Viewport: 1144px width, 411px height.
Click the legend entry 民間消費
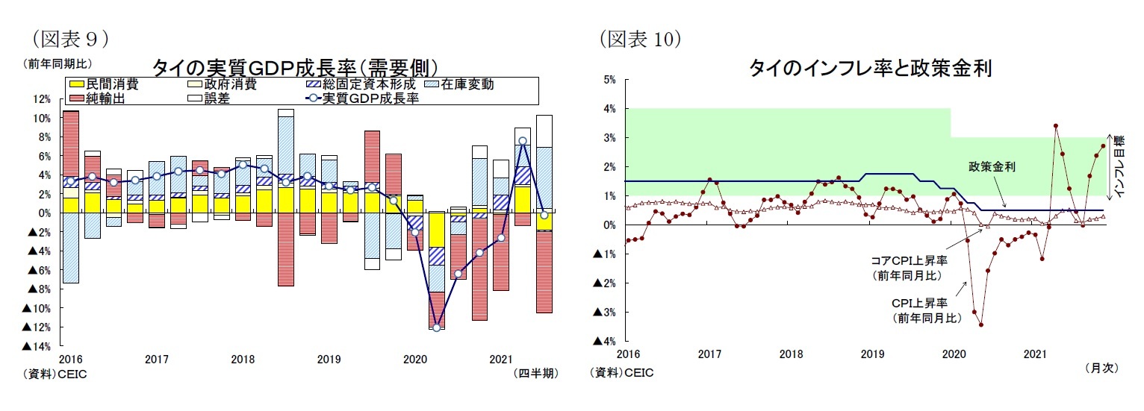click(111, 84)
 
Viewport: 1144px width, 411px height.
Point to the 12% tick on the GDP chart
click(41, 99)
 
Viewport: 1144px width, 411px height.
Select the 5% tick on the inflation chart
click(609, 79)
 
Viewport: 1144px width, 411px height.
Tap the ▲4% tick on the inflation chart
click(604, 341)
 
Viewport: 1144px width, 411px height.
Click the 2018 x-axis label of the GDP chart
click(243, 360)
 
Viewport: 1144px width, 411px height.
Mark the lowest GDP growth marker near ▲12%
click(437, 327)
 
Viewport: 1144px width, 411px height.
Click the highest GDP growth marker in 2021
click(523, 141)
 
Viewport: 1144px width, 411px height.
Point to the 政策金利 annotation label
click(992, 167)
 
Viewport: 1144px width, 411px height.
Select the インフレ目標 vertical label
click(1117, 167)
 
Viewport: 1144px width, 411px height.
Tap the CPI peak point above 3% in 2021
click(1055, 126)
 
